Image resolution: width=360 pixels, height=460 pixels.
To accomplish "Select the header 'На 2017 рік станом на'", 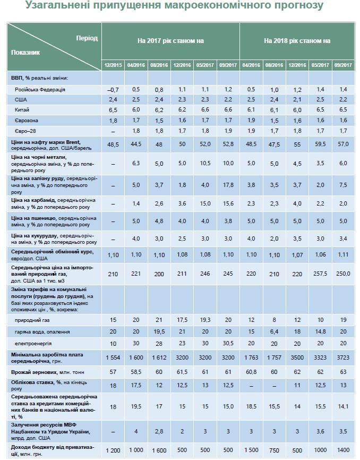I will click(x=170, y=40).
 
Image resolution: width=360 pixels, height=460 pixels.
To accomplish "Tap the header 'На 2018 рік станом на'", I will click(x=297, y=40).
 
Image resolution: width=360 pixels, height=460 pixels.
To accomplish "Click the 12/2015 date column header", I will click(x=113, y=65).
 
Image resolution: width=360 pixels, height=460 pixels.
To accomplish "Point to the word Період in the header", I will click(x=87, y=39).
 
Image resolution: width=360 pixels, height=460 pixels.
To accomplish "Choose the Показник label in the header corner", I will click(x=25, y=53).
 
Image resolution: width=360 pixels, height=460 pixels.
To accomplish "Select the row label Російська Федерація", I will click(x=40, y=89).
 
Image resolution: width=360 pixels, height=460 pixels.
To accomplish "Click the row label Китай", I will click(x=22, y=109).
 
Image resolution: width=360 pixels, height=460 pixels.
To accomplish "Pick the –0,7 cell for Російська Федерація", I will click(x=113, y=89).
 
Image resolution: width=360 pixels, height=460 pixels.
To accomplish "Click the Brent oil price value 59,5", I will click(x=321, y=143).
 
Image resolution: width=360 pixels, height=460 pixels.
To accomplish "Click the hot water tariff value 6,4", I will click(x=275, y=331).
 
